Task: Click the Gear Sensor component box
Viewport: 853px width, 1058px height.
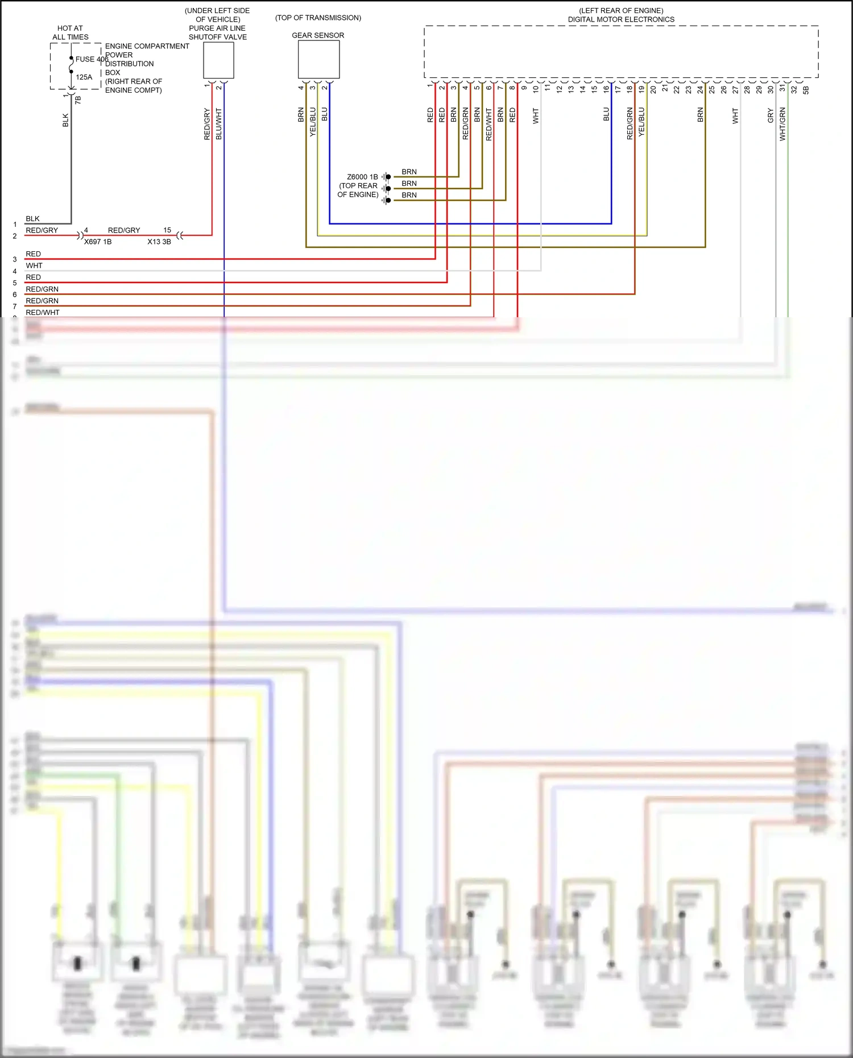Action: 318,60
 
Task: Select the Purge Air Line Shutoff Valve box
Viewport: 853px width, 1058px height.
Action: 218,60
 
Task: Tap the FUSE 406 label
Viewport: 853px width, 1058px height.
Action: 92,59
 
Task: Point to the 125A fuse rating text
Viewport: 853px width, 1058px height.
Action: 84,77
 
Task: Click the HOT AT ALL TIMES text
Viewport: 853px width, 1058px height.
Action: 71,32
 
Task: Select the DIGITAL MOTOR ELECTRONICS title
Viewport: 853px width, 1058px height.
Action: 621,19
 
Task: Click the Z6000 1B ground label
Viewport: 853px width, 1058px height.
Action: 362,177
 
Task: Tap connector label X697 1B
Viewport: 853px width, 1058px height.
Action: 98,242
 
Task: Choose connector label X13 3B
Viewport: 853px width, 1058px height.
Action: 159,242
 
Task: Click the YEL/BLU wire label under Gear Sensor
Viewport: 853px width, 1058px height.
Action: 313,122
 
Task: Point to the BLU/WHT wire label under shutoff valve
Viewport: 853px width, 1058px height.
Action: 219,124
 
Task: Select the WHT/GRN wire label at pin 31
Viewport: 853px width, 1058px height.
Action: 782,124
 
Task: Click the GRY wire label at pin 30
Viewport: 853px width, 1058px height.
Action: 771,115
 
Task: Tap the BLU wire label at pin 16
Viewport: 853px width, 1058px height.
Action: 606,114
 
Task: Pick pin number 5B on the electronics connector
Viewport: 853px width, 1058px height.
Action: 806,90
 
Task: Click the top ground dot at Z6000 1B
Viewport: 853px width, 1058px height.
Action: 388,177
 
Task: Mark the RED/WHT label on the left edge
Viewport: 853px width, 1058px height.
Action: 43,313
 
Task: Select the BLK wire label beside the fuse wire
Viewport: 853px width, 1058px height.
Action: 65,120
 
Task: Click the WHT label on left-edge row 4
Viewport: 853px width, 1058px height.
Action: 34,265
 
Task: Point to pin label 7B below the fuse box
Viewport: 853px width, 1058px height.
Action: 78,99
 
